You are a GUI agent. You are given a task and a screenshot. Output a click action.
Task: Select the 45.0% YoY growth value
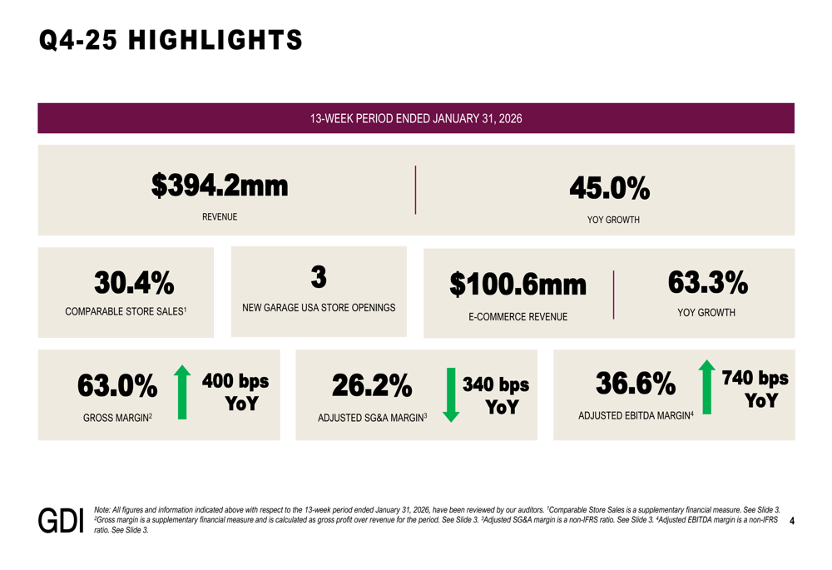click(610, 189)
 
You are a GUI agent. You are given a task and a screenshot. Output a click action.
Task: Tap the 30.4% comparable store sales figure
click(134, 284)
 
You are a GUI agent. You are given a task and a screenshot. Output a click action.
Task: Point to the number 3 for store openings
click(319, 275)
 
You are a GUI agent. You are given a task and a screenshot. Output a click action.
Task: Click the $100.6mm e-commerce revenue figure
click(518, 285)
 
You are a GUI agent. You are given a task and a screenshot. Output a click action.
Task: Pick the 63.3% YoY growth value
click(707, 283)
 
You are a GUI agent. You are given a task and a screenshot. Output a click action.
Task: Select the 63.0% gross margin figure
click(117, 386)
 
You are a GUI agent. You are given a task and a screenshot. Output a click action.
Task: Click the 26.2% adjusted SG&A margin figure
click(372, 386)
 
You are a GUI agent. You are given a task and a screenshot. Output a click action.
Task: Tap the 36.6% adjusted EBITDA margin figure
click(636, 384)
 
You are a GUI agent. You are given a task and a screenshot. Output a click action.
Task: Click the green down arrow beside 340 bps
click(451, 394)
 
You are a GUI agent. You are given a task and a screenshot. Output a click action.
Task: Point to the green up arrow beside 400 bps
click(182, 391)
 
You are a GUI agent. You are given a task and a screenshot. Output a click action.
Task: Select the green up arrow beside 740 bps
click(706, 387)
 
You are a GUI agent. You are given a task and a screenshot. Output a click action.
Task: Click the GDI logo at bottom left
click(62, 520)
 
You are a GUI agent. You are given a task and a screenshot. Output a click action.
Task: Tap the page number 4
click(791, 522)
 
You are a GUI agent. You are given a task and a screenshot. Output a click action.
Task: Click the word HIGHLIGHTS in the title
click(216, 40)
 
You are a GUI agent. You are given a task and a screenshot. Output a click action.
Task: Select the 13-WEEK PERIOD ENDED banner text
click(416, 118)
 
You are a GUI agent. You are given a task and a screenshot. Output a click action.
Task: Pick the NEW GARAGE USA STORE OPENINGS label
click(319, 308)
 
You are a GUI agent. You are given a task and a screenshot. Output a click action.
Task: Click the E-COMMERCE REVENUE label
click(518, 317)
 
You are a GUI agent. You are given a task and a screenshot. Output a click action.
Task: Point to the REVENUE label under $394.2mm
click(220, 217)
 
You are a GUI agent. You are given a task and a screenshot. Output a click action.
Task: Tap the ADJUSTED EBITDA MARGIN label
click(635, 415)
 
